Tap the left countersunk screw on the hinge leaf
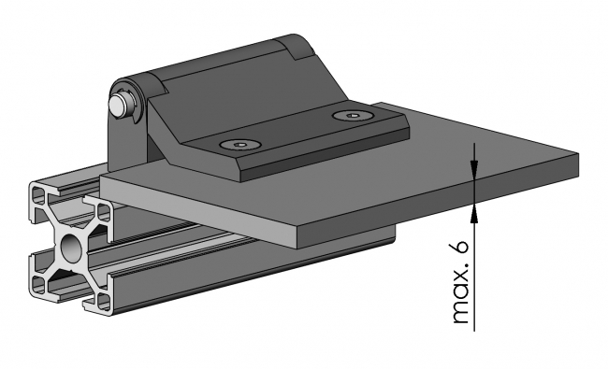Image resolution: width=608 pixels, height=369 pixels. pyautogui.click(x=240, y=145)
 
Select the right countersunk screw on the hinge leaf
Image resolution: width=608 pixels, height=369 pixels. pyautogui.click(x=353, y=116)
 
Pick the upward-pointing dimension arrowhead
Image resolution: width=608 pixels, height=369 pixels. pyautogui.click(x=474, y=213)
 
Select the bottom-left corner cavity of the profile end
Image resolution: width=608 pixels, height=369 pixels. pyautogui.click(x=38, y=284)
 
